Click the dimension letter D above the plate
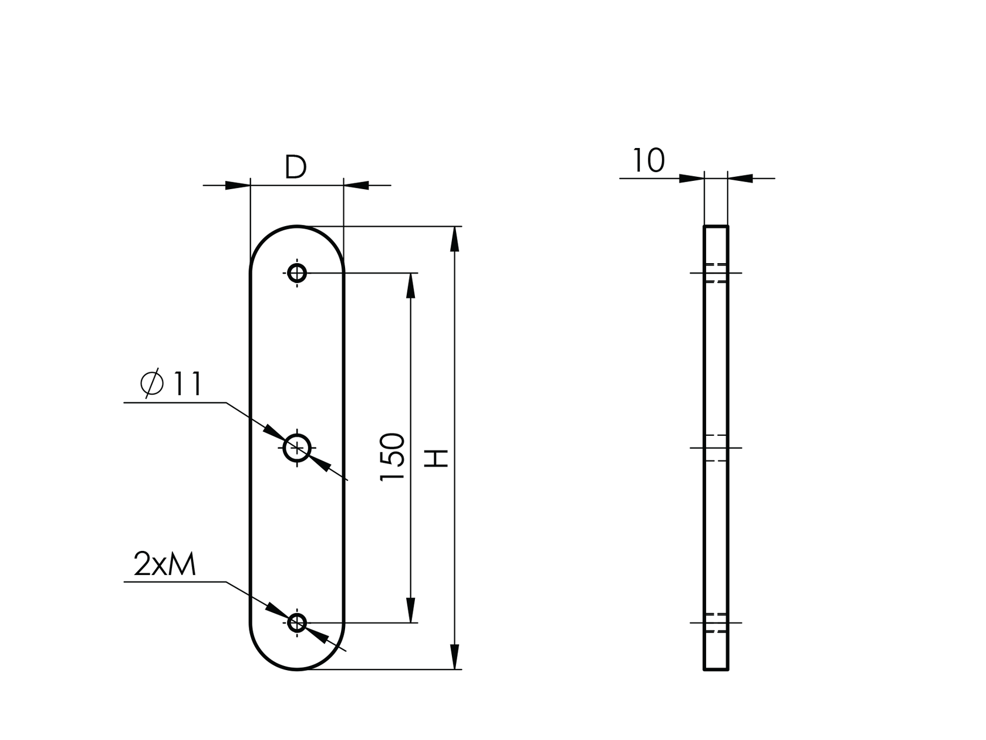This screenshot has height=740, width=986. [x=296, y=168]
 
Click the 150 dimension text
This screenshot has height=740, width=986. [x=393, y=458]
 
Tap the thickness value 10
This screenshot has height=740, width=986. [x=649, y=161]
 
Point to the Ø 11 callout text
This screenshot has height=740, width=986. [x=172, y=385]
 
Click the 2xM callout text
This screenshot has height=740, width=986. [x=164, y=564]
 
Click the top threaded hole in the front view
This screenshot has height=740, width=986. [x=297, y=273]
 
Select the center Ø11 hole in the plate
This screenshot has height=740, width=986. [x=297, y=449]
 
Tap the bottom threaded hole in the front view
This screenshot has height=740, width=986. [x=297, y=623]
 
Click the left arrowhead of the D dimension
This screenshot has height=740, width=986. [x=238, y=186]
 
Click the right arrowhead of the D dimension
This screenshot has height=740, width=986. [x=356, y=186]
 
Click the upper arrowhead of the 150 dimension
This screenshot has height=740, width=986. [x=410, y=286]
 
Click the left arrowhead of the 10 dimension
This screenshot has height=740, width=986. [x=691, y=178]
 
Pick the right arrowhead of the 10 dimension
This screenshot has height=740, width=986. [x=741, y=178]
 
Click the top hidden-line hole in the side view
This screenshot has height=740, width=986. [x=716, y=273]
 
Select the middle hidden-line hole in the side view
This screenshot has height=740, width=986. [x=716, y=448]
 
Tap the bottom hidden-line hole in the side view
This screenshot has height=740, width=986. [x=716, y=623]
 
